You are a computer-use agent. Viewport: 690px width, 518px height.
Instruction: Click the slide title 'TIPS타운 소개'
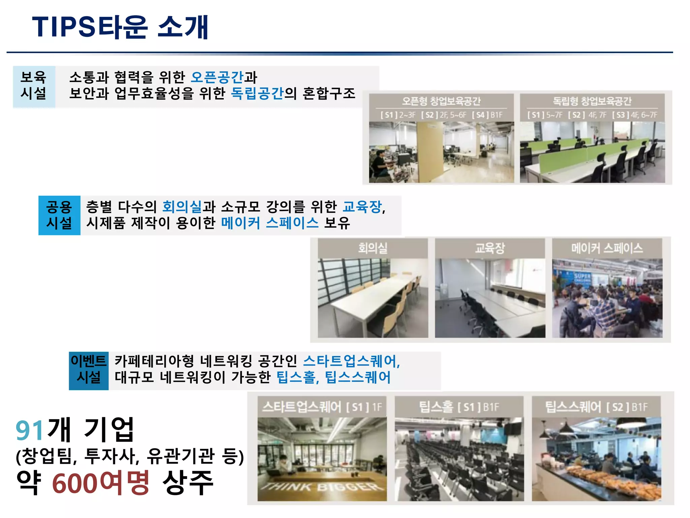point(120,27)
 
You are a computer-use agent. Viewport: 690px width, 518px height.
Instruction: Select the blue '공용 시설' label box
point(59,215)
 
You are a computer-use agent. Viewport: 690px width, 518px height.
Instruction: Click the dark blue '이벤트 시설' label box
point(89,370)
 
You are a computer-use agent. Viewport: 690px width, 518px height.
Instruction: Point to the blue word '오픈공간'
point(217,78)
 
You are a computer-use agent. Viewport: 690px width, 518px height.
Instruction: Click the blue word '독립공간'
point(257,93)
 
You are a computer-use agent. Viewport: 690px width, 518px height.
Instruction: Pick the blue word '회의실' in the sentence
point(182,207)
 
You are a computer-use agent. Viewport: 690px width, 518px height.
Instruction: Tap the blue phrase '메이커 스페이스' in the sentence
point(270,223)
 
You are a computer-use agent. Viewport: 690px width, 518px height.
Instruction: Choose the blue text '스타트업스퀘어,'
point(351,361)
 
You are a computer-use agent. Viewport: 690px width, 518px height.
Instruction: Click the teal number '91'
point(30,430)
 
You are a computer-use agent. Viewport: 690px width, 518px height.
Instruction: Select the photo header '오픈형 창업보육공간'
point(441,101)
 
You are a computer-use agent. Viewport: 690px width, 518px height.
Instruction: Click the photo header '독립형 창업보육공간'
point(592,101)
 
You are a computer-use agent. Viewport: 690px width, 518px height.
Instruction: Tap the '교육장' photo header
point(490,248)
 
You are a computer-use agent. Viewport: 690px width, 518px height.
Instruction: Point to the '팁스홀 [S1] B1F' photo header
point(459,407)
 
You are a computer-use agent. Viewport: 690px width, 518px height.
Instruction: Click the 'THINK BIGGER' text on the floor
point(322,487)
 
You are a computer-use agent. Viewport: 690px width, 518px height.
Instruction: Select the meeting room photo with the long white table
point(373,298)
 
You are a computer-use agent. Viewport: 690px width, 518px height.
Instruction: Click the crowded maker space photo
point(607,298)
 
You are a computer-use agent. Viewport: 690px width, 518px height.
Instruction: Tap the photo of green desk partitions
point(592,152)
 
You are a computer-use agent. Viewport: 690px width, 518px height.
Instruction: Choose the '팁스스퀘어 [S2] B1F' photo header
point(596,407)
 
